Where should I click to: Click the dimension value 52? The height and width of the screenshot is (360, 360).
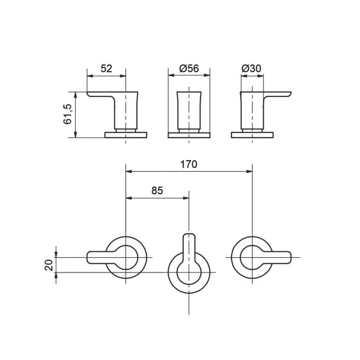pyautogui.click(x=106, y=68)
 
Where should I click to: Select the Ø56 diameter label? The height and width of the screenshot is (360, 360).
pyautogui.click(x=189, y=68)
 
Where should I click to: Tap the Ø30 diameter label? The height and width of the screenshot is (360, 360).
pyautogui.click(x=251, y=68)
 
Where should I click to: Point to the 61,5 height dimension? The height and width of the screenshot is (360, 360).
pyautogui.click(x=67, y=114)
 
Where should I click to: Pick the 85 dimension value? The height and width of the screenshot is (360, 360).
pyautogui.click(x=157, y=190)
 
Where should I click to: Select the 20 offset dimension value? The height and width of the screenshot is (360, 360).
pyautogui.click(x=49, y=265)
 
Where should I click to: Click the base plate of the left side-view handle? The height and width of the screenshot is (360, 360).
pyautogui.click(x=126, y=135)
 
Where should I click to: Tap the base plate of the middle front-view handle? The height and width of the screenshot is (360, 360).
pyautogui.click(x=189, y=135)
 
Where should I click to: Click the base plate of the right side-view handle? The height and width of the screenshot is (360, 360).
pyautogui.click(x=252, y=135)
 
